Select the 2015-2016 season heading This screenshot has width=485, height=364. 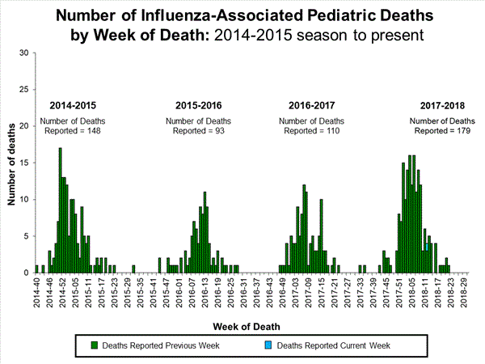pos(200,106)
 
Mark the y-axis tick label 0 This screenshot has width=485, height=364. pos(26,273)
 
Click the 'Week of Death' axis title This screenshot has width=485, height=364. pos(247,326)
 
